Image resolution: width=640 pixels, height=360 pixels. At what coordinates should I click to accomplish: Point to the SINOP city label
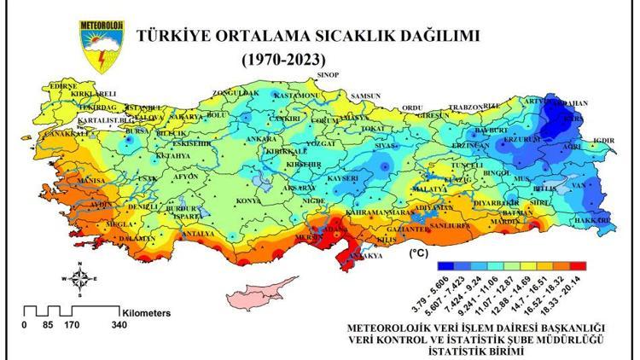coord(328,76)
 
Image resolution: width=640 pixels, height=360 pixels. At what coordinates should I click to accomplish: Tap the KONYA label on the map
coord(247,200)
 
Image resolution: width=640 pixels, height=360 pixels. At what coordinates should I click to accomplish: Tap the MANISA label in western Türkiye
coord(90,182)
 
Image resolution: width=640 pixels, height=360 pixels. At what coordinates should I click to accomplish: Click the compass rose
coord(79,278)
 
